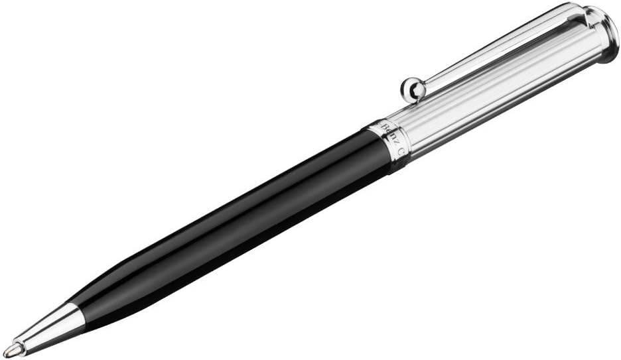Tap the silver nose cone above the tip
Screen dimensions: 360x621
(x=50, y=328)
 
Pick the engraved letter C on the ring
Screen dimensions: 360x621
(x=401, y=152)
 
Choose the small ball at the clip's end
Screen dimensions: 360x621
(x=411, y=89)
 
